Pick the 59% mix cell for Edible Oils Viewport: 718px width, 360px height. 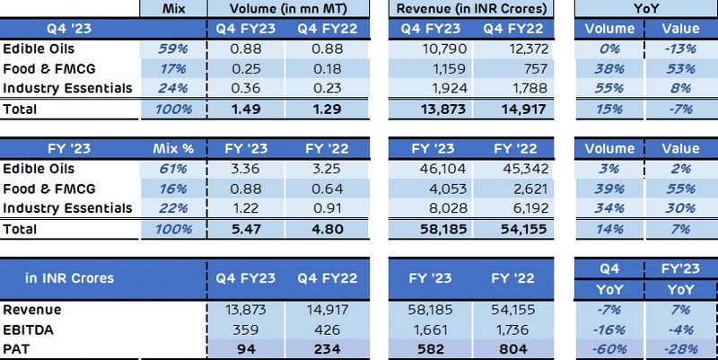pos(174,48)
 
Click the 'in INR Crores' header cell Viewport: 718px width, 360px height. pos(69,277)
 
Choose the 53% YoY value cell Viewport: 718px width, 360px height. pos(679,68)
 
